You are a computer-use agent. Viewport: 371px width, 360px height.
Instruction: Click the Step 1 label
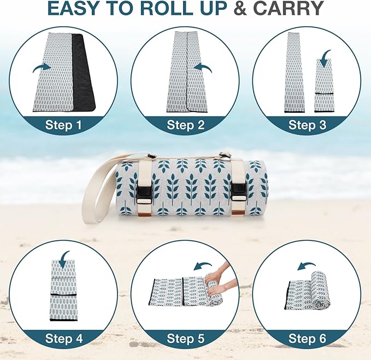coord(63,125)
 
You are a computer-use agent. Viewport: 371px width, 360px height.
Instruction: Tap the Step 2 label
coord(185,125)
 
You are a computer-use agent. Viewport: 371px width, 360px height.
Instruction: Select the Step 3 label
coord(307,125)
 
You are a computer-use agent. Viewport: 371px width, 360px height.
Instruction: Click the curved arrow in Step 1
coord(41,67)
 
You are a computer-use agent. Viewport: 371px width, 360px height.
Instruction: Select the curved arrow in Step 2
coord(203,67)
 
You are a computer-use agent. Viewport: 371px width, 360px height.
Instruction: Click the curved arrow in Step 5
coord(203,265)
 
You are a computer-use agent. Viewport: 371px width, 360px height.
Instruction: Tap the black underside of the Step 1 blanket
coord(85,71)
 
